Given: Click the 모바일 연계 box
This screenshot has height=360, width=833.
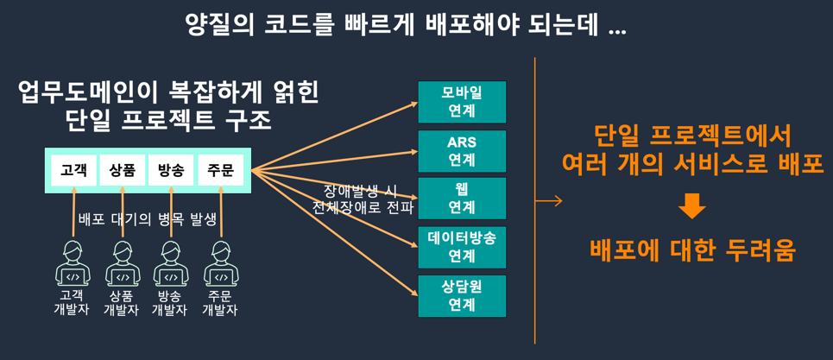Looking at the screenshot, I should click(x=462, y=102).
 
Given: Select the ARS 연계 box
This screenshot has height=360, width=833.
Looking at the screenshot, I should click(x=462, y=151).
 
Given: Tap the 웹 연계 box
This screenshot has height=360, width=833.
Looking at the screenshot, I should click(x=462, y=198).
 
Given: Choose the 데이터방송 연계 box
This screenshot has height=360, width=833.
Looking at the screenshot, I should click(x=462, y=246).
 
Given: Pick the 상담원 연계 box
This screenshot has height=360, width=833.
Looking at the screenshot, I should click(x=462, y=295).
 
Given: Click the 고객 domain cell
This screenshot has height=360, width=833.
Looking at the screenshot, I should click(x=73, y=170).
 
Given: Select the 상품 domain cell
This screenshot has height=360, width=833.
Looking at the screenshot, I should click(x=123, y=170).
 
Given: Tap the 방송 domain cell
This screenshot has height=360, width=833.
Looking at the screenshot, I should click(x=171, y=170).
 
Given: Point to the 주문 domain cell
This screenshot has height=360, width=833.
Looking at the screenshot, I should click(x=221, y=170).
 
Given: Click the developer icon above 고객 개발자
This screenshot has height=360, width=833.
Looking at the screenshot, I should click(x=73, y=264).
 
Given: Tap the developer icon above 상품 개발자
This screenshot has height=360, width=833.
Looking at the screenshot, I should click(x=122, y=264).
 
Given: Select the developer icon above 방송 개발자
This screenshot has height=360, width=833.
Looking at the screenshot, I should click(x=171, y=264).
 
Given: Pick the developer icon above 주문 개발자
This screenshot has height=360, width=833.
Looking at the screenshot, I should click(x=221, y=264).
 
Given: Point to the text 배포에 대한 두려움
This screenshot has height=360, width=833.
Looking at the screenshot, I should click(x=691, y=249).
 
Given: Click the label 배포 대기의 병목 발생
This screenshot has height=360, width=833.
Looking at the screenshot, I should click(x=148, y=218).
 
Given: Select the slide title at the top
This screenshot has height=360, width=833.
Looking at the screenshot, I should click(x=406, y=25).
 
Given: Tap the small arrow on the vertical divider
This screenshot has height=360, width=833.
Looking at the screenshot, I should click(x=549, y=201).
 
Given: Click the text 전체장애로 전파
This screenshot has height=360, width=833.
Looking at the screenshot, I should click(x=363, y=208).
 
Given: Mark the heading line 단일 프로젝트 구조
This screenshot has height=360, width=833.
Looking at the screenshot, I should click(x=168, y=120).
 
